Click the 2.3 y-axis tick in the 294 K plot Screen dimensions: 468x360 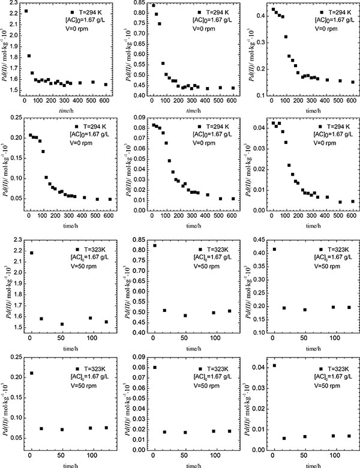(x=13, y=5)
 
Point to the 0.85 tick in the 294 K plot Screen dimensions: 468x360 (x=134, y=4)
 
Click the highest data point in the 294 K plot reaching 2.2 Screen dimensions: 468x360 (x=26, y=11)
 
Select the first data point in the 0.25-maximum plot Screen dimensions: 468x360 (x=31, y=373)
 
